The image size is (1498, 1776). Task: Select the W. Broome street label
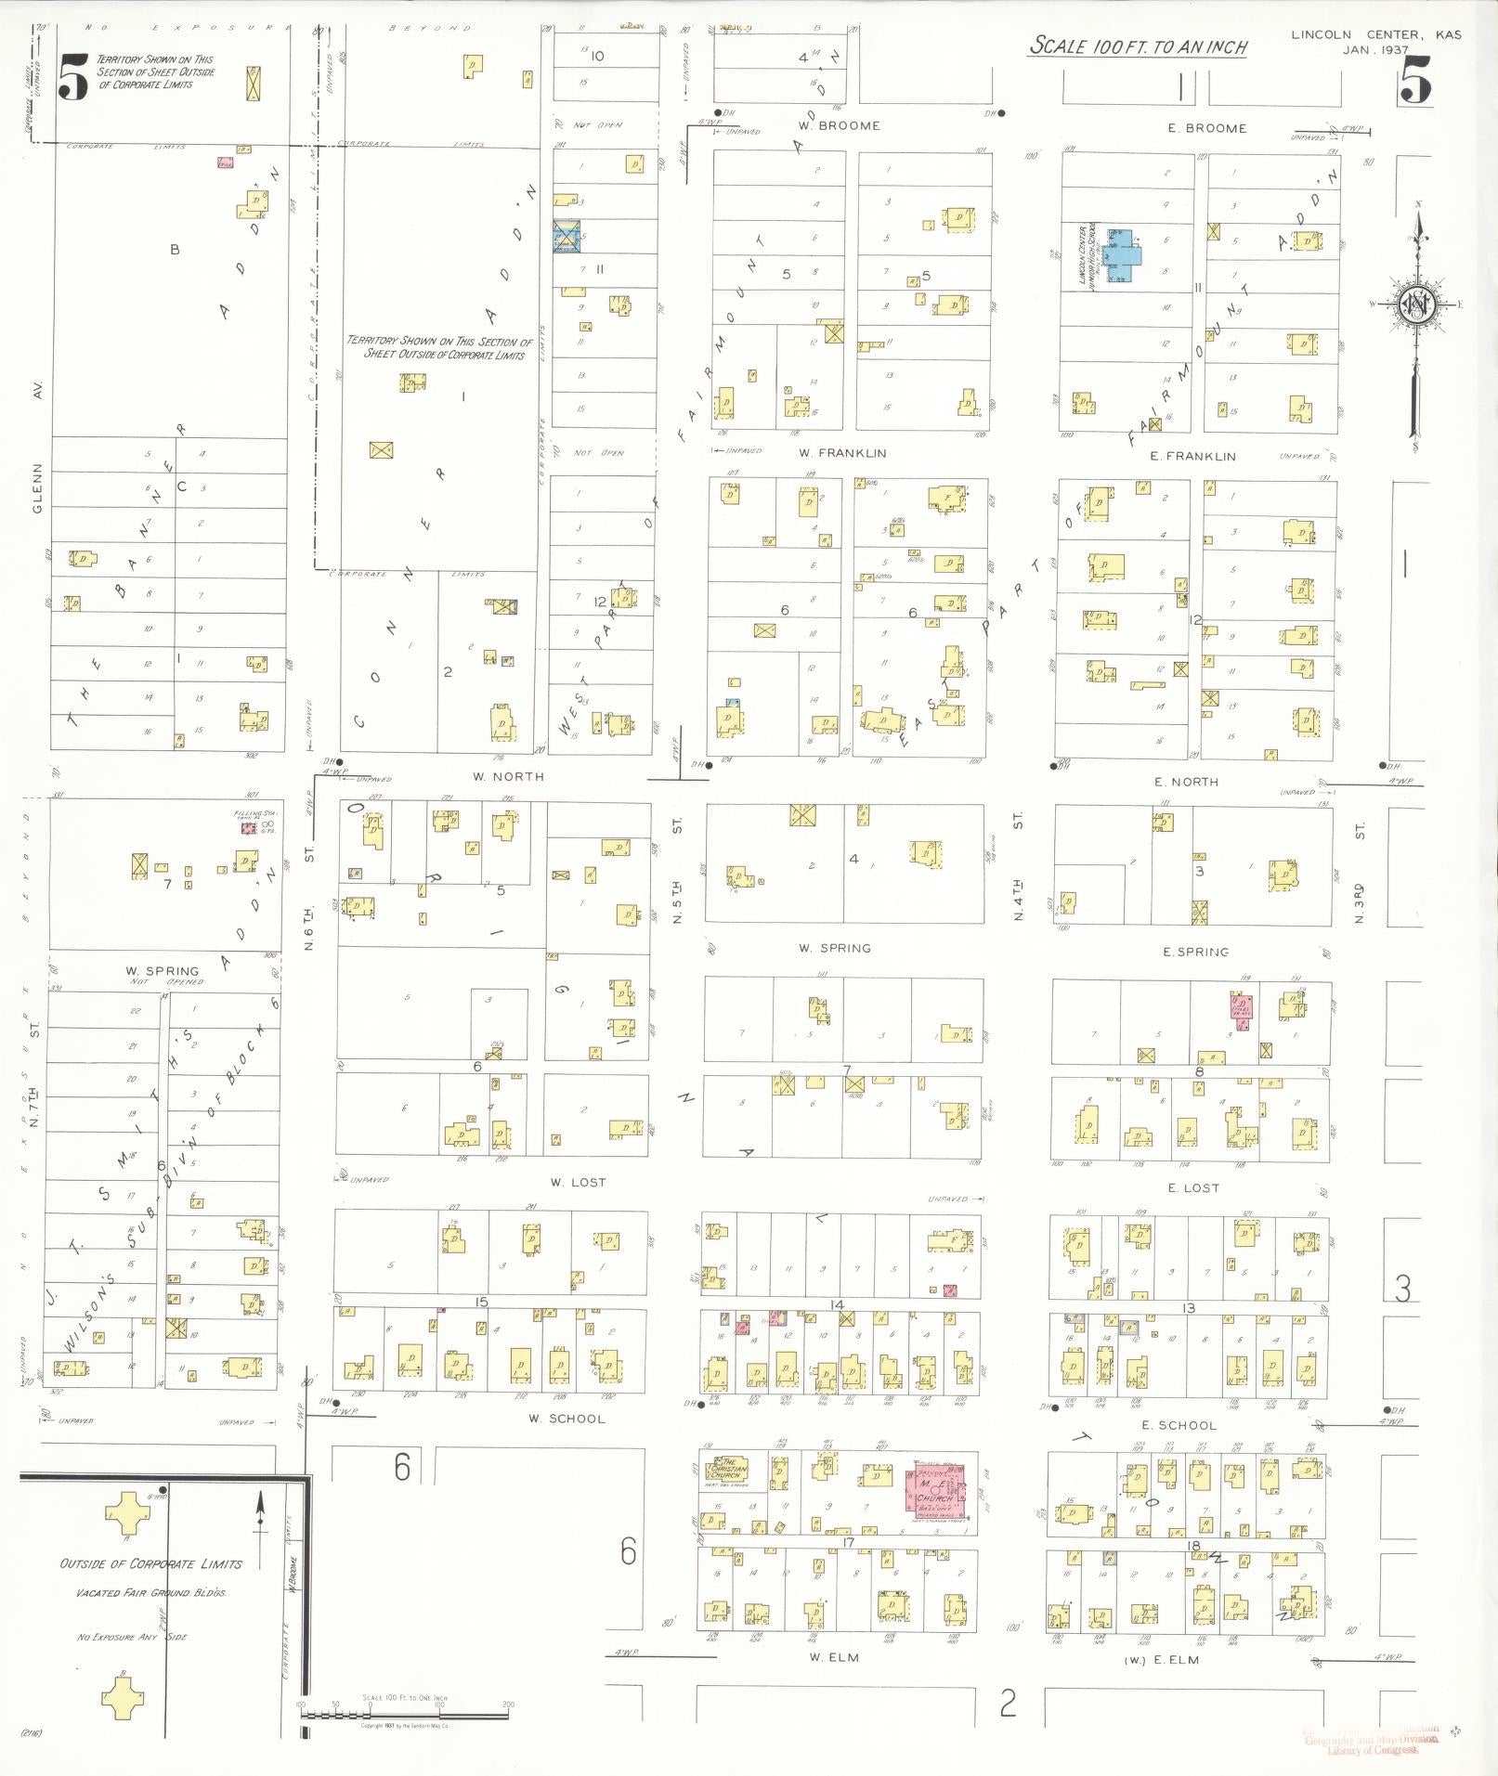pyautogui.click(x=839, y=125)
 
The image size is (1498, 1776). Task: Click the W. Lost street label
pyautogui.click(x=578, y=1182)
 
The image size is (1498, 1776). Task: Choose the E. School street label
pyautogui.click(x=1179, y=1425)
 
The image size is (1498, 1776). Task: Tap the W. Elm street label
pyautogui.click(x=833, y=1657)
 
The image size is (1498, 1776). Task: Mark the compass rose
pyautogui.click(x=1417, y=305)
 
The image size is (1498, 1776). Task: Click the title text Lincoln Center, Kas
pyautogui.click(x=1375, y=34)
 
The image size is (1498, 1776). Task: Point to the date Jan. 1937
pyautogui.click(x=1374, y=50)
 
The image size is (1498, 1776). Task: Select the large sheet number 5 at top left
pyautogui.click(x=73, y=77)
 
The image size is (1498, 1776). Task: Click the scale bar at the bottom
pyautogui.click(x=404, y=1712)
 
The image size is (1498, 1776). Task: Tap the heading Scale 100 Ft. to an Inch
pyautogui.click(x=1138, y=46)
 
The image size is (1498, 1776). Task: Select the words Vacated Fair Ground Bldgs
pyautogui.click(x=150, y=1593)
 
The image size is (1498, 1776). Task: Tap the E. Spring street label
pyautogui.click(x=1195, y=953)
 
